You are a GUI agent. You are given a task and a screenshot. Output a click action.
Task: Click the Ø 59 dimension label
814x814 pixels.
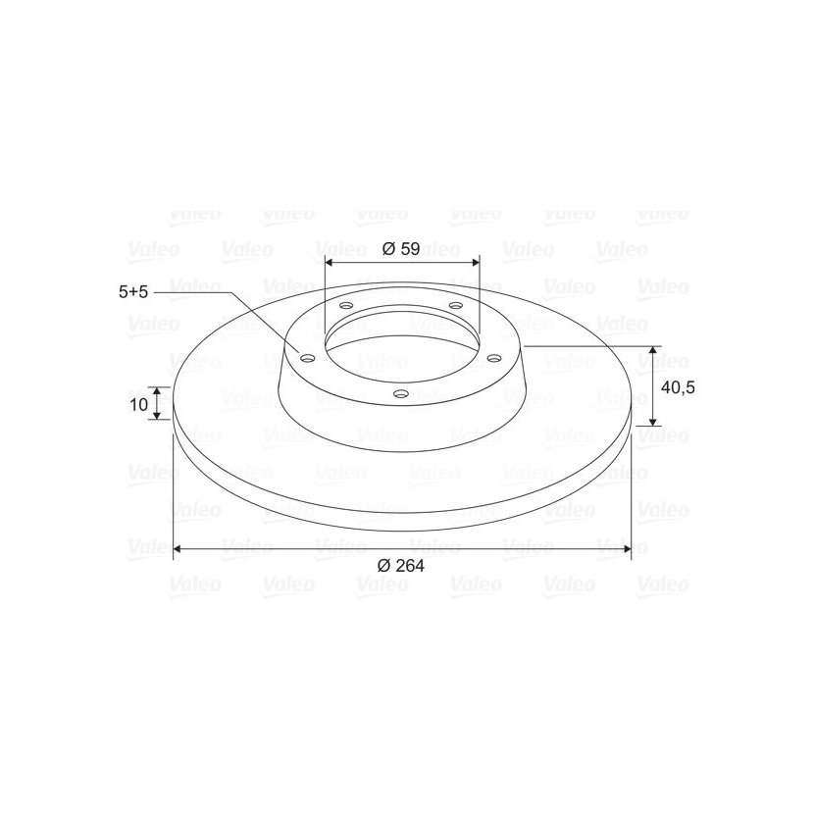click(401, 249)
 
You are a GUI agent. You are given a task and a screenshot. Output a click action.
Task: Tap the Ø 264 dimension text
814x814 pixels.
click(401, 565)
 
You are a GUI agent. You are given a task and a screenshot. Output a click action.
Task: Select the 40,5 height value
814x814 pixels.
click(678, 386)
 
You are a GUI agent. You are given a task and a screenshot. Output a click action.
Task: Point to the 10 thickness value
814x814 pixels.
click(138, 404)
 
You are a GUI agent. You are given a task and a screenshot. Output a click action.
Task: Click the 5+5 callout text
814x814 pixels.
click(133, 291)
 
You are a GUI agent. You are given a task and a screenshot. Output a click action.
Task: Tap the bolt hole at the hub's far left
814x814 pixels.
click(307, 358)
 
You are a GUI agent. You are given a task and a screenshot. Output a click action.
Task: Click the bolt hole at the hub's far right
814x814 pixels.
click(494, 358)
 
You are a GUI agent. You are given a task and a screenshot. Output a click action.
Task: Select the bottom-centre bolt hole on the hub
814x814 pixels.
click(401, 393)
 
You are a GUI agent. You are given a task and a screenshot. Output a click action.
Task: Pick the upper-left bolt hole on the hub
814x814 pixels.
click(346, 305)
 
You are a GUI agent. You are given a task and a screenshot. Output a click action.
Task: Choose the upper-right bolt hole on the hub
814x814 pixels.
click(455, 305)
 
